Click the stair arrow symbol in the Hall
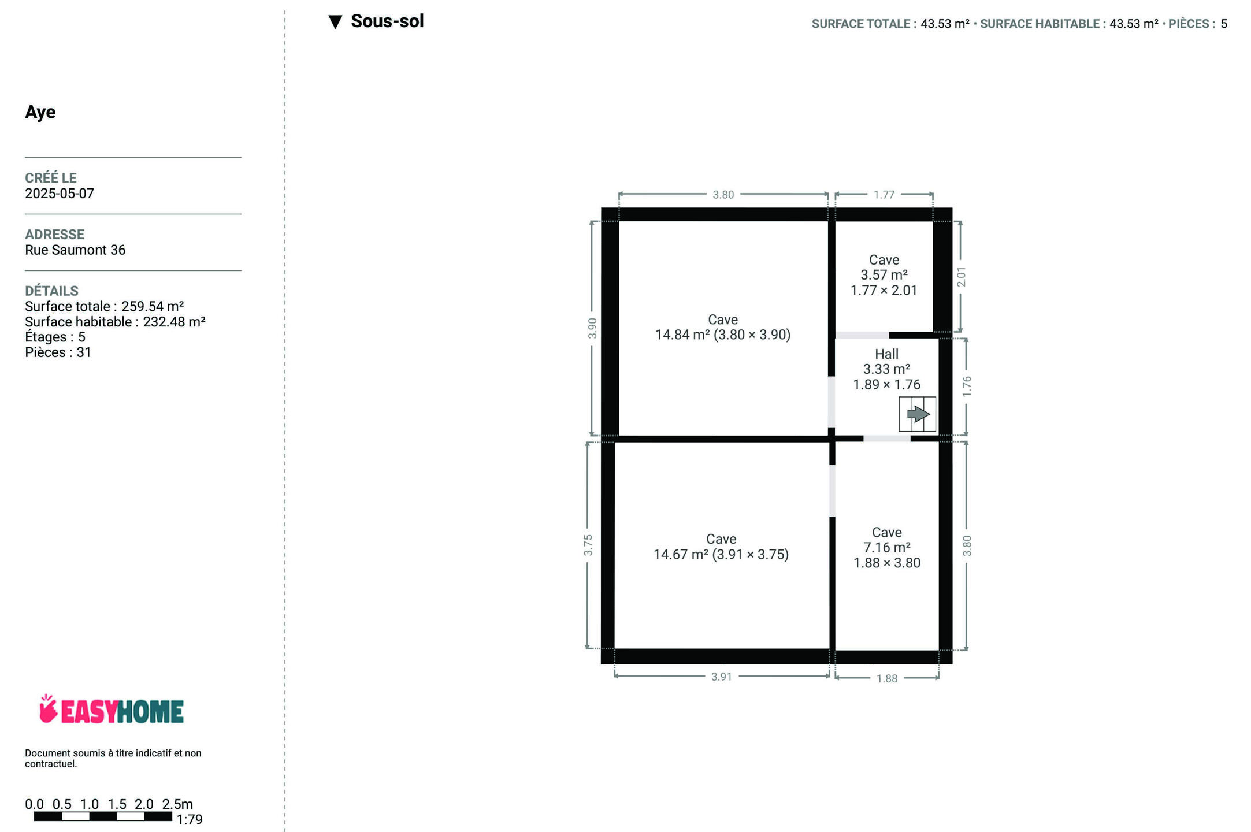pos(918,414)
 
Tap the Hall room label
pos(886,354)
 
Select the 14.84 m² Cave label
pos(723,327)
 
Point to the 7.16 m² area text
pos(887,548)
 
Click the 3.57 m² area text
pos(884,275)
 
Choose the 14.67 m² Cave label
pos(721,547)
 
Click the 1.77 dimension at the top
pos(884,195)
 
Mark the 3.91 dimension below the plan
pos(722,677)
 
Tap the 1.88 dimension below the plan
pos(887,678)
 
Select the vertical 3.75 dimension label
pos(588,545)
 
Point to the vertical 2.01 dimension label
pos(961,277)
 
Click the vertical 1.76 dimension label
pos(967,387)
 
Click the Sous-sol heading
pos(387,21)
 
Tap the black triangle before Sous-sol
pos(335,22)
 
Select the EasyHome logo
pos(112,710)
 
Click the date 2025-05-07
pos(60,194)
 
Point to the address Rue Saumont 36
pos(75,250)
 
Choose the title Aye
pos(40,112)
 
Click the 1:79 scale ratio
pos(190,820)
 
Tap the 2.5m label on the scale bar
pos(177,804)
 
